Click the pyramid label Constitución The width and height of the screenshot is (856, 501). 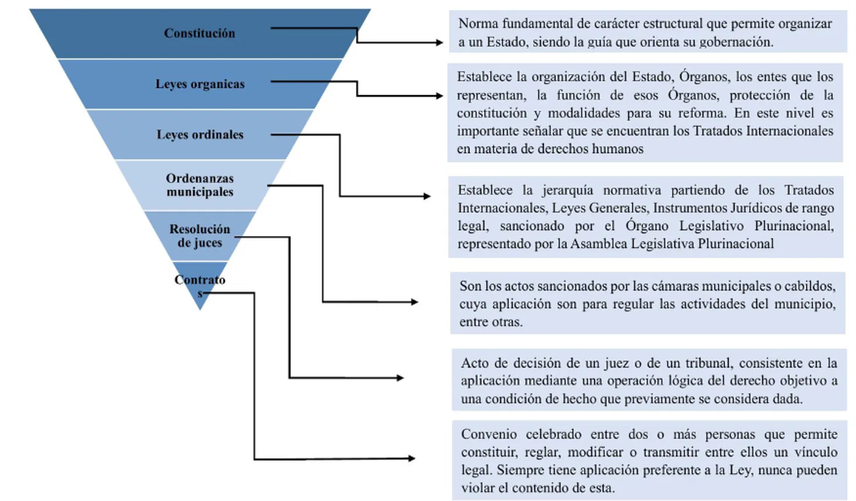pyautogui.click(x=199, y=33)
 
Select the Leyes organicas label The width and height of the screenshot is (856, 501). pyautogui.click(x=200, y=84)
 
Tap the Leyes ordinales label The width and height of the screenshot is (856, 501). pyautogui.click(x=200, y=135)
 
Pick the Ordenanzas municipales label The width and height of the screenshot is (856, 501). pyautogui.click(x=200, y=185)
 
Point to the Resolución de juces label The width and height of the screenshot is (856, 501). pyautogui.click(x=200, y=236)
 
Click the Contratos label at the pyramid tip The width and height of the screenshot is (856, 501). pyautogui.click(x=200, y=286)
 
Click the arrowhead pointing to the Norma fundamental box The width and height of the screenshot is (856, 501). pyautogui.click(x=439, y=43)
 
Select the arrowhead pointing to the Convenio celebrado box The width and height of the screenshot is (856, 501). pyautogui.click(x=412, y=458)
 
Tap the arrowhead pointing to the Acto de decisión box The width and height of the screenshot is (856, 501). pyautogui.click(x=400, y=378)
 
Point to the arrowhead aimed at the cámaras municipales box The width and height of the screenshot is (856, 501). pyautogui.click(x=414, y=302)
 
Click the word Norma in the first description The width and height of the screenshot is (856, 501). pyautogui.click(x=475, y=23)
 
